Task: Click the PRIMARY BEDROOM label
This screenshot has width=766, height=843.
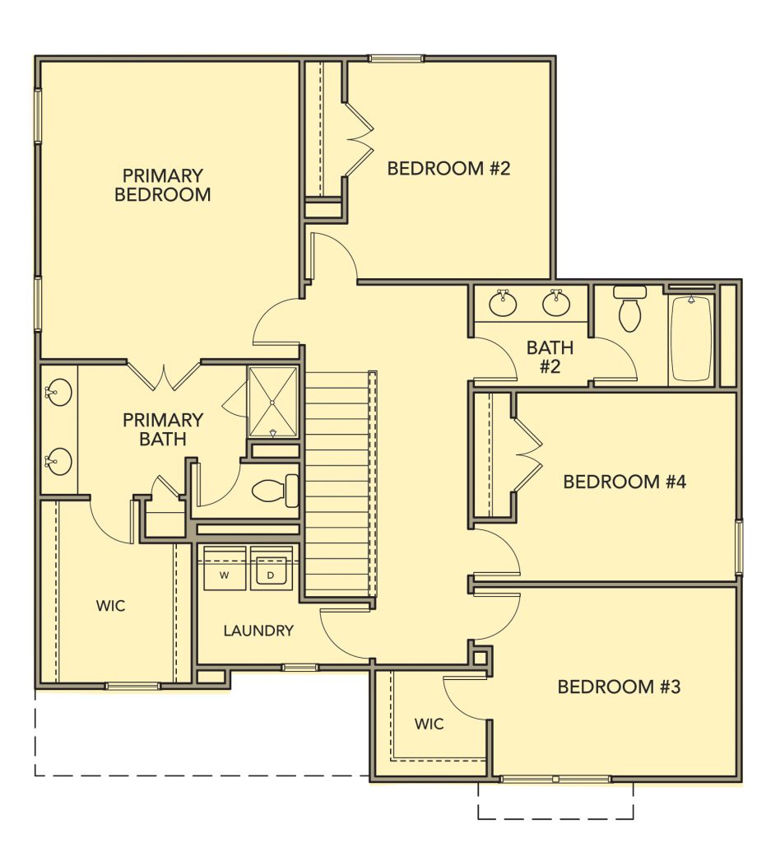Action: (x=163, y=185)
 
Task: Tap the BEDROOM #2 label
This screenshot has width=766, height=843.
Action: (x=448, y=168)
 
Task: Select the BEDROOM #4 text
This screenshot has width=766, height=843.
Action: (x=624, y=481)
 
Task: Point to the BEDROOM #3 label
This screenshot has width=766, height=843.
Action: (x=619, y=687)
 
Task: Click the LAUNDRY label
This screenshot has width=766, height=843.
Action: (x=258, y=630)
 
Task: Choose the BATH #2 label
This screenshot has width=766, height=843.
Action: (x=550, y=357)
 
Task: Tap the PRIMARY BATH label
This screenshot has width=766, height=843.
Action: (x=163, y=429)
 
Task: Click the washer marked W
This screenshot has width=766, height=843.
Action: (x=225, y=568)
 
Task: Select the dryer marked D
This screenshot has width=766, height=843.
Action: (x=272, y=568)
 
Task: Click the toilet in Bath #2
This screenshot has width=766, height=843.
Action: (x=630, y=310)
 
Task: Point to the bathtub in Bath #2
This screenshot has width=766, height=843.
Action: (x=692, y=339)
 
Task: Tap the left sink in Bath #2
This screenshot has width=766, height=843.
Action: (x=504, y=303)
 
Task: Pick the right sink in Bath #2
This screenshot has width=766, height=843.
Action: (x=556, y=303)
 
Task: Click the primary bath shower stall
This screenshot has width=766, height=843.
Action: (x=272, y=402)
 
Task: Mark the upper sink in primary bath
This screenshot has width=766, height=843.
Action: (x=58, y=393)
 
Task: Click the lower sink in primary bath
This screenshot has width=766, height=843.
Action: (x=58, y=462)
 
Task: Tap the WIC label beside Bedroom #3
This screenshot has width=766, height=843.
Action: (x=429, y=724)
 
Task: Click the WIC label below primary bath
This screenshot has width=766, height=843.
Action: (x=110, y=606)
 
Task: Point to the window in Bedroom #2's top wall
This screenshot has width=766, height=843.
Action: (x=396, y=58)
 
